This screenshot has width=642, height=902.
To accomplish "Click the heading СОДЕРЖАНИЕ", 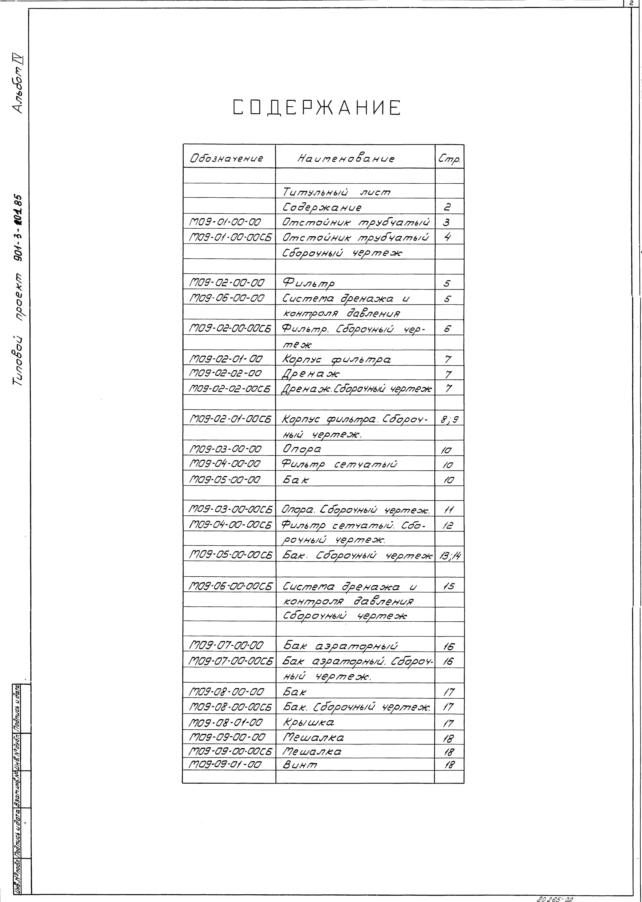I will pos(317,108).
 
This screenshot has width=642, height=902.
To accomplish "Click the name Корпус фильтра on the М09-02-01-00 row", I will pos(336,359).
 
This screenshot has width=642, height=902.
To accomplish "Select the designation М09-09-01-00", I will pos(225,765).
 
